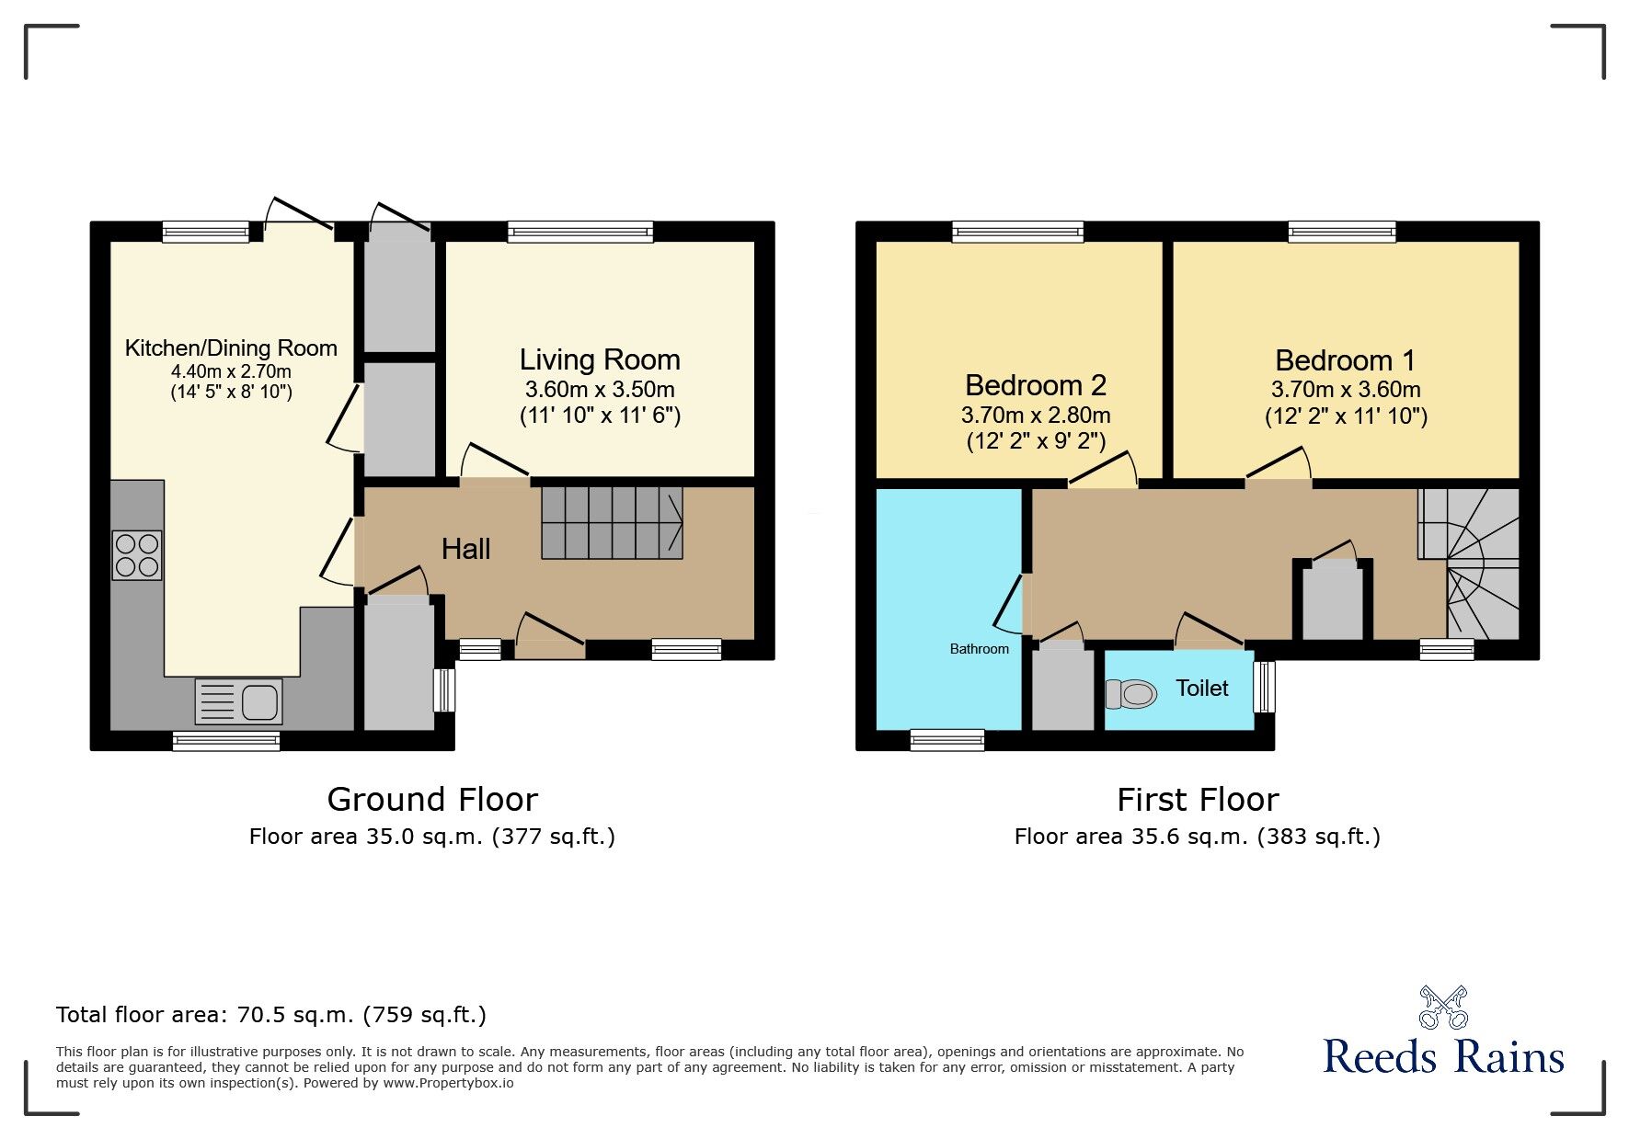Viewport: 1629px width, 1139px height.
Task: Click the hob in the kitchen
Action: pos(137,555)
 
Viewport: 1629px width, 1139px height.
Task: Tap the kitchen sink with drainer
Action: pos(238,702)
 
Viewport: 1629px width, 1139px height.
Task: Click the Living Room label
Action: pos(600,359)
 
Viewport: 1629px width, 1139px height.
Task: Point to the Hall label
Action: pos(465,549)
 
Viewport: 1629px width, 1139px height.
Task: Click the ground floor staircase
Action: pos(611,523)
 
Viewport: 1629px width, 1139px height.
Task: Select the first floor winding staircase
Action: pos(1469,564)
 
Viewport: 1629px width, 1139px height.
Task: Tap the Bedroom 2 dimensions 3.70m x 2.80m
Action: pos(1036,415)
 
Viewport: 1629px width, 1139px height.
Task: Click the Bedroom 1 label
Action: pos(1345,360)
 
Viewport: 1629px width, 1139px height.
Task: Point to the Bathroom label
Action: pos(979,649)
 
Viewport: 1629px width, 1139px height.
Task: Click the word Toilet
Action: pos(1201,689)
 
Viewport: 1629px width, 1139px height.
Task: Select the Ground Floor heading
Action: pos(432,800)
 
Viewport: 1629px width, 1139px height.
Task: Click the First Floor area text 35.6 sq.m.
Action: pos(1197,837)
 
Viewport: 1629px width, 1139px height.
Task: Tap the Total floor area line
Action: pos(271,1015)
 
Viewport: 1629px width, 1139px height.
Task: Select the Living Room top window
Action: pos(580,231)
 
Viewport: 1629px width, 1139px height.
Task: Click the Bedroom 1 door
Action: pos(1278,465)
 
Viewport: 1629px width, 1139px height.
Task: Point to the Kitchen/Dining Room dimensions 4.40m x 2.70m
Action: pos(231,371)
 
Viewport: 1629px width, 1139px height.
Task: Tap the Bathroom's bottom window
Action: pos(947,740)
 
